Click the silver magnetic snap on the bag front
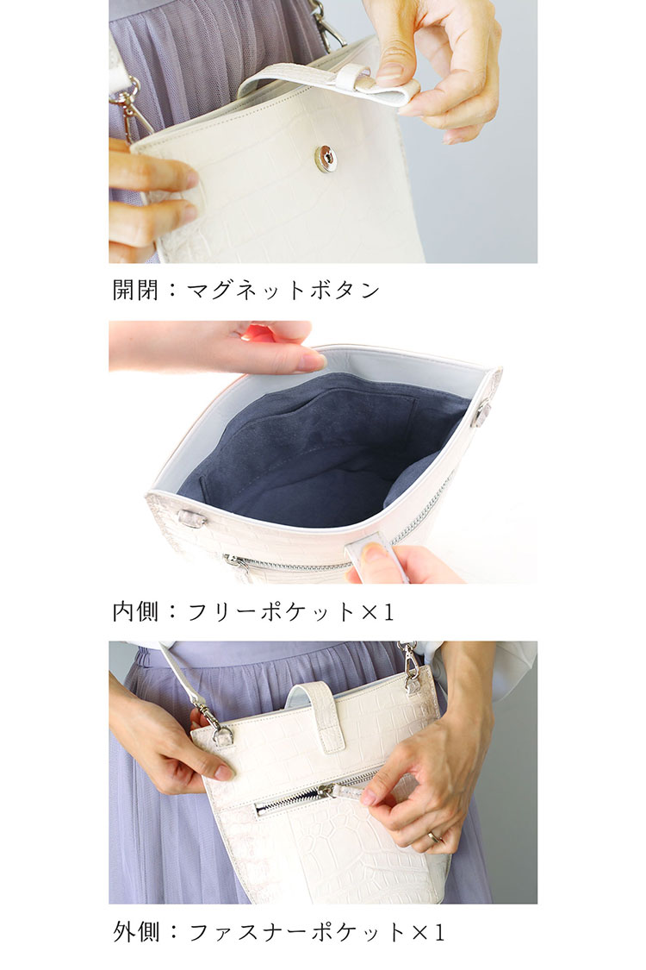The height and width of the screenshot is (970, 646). tap(326, 159)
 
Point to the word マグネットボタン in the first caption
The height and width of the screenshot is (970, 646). tap(284, 290)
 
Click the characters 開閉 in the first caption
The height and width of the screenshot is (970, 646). tap(136, 290)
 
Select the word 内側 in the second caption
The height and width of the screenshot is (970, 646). tap(136, 611)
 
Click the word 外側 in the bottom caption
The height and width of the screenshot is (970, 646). tap(136, 932)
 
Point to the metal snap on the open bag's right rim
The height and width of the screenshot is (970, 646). tap(482, 412)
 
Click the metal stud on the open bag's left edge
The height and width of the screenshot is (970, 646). tap(191, 518)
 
